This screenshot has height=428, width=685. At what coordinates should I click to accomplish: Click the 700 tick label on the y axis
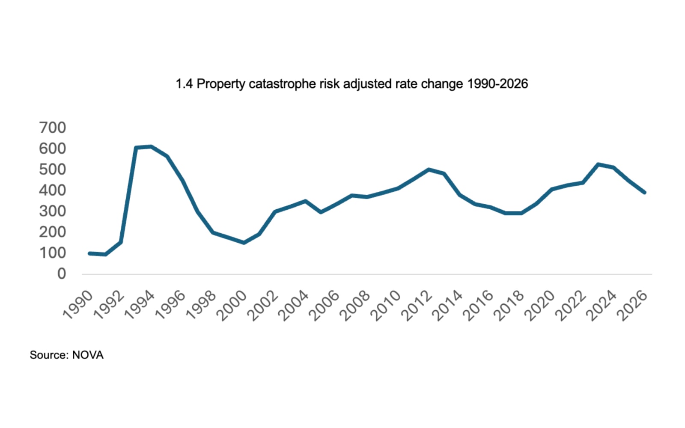pyautogui.click(x=52, y=128)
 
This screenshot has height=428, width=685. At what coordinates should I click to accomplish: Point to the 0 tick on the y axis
pyautogui.click(x=62, y=274)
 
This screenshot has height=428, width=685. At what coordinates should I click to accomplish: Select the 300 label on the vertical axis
pyautogui.click(x=52, y=211)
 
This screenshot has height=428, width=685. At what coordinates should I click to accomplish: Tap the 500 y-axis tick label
pyautogui.click(x=52, y=169)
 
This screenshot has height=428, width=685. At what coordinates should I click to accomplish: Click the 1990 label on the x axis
pyautogui.click(x=78, y=305)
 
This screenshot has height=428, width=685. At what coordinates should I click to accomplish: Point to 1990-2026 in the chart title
pyautogui.click(x=497, y=83)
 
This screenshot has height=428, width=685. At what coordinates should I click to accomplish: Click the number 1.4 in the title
pyautogui.click(x=184, y=83)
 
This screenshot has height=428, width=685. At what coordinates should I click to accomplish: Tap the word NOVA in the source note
pyautogui.click(x=88, y=355)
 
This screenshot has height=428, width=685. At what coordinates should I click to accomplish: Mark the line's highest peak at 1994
pyautogui.click(x=151, y=147)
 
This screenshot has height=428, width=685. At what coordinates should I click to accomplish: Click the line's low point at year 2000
pyautogui.click(x=244, y=243)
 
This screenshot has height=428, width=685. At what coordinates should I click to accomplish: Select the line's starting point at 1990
pyautogui.click(x=89, y=253)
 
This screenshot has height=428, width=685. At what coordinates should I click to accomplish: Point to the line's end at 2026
pyautogui.click(x=644, y=193)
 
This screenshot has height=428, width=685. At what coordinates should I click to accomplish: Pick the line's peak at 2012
pyautogui.click(x=429, y=169)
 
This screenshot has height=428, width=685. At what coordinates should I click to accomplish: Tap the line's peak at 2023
pyautogui.click(x=598, y=164)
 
